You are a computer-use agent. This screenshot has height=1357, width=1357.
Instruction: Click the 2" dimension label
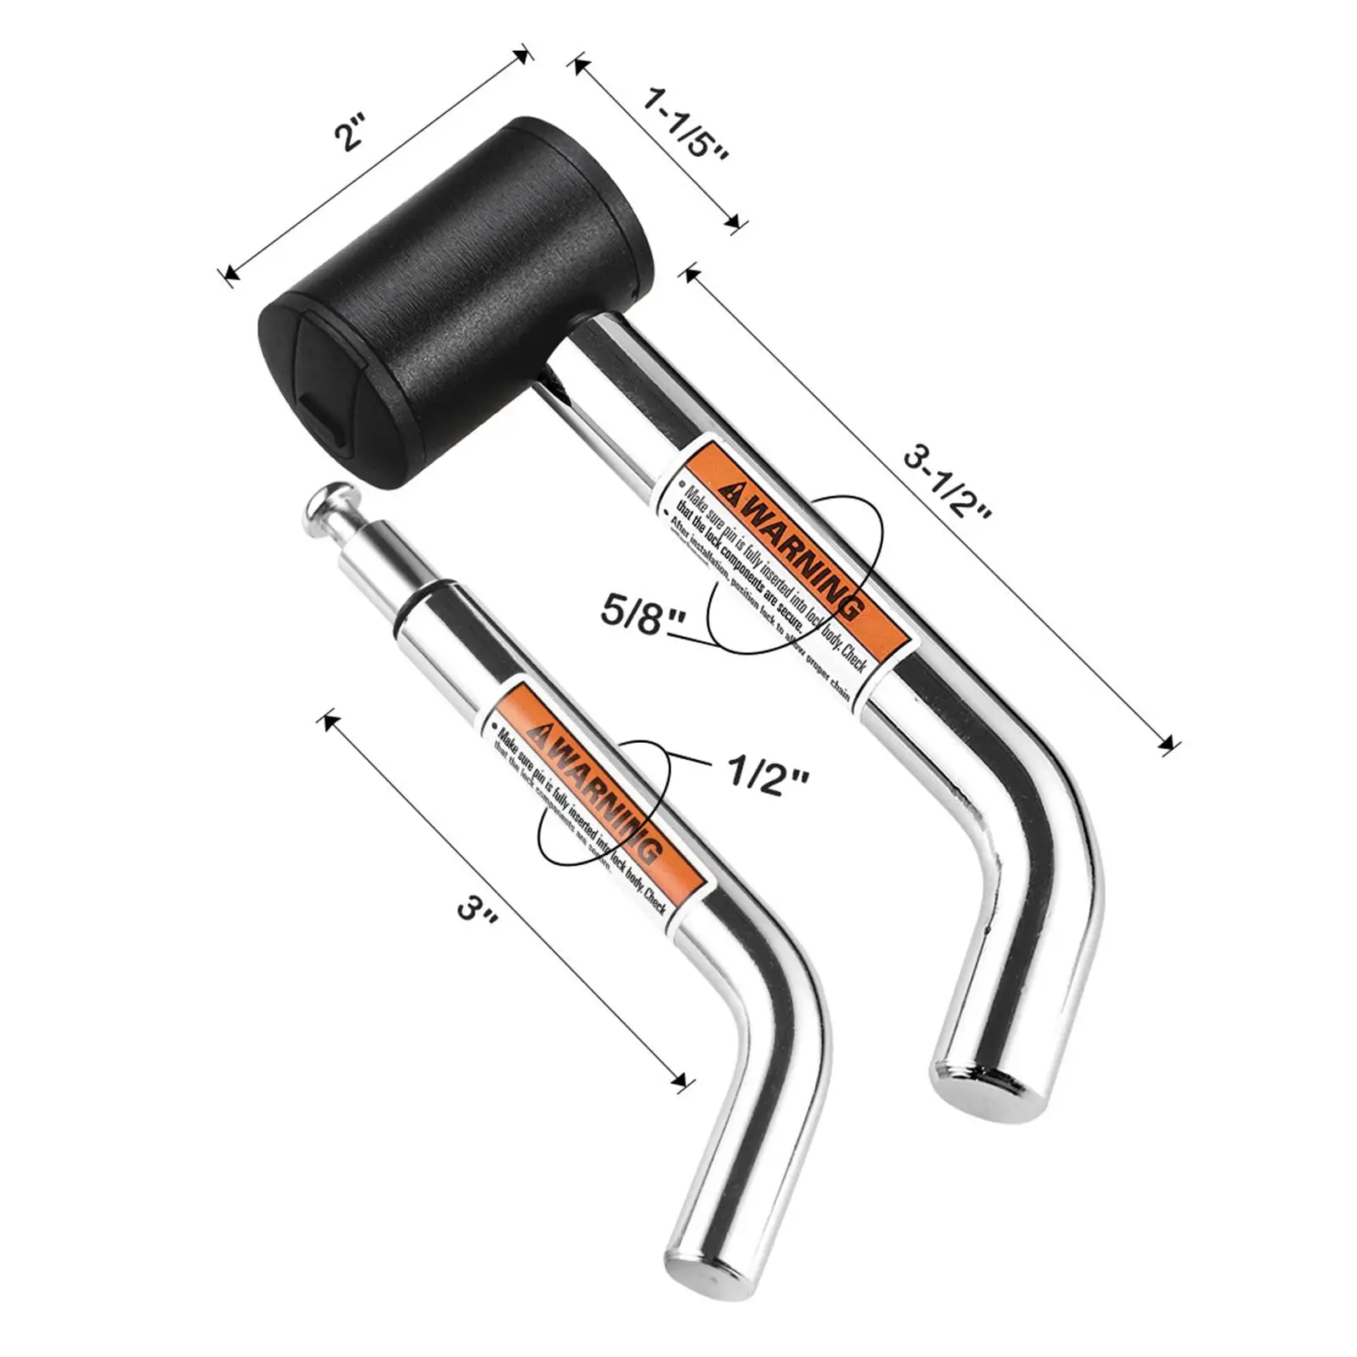tap(349, 136)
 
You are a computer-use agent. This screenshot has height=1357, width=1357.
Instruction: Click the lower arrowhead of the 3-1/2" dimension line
tap(1171, 746)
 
